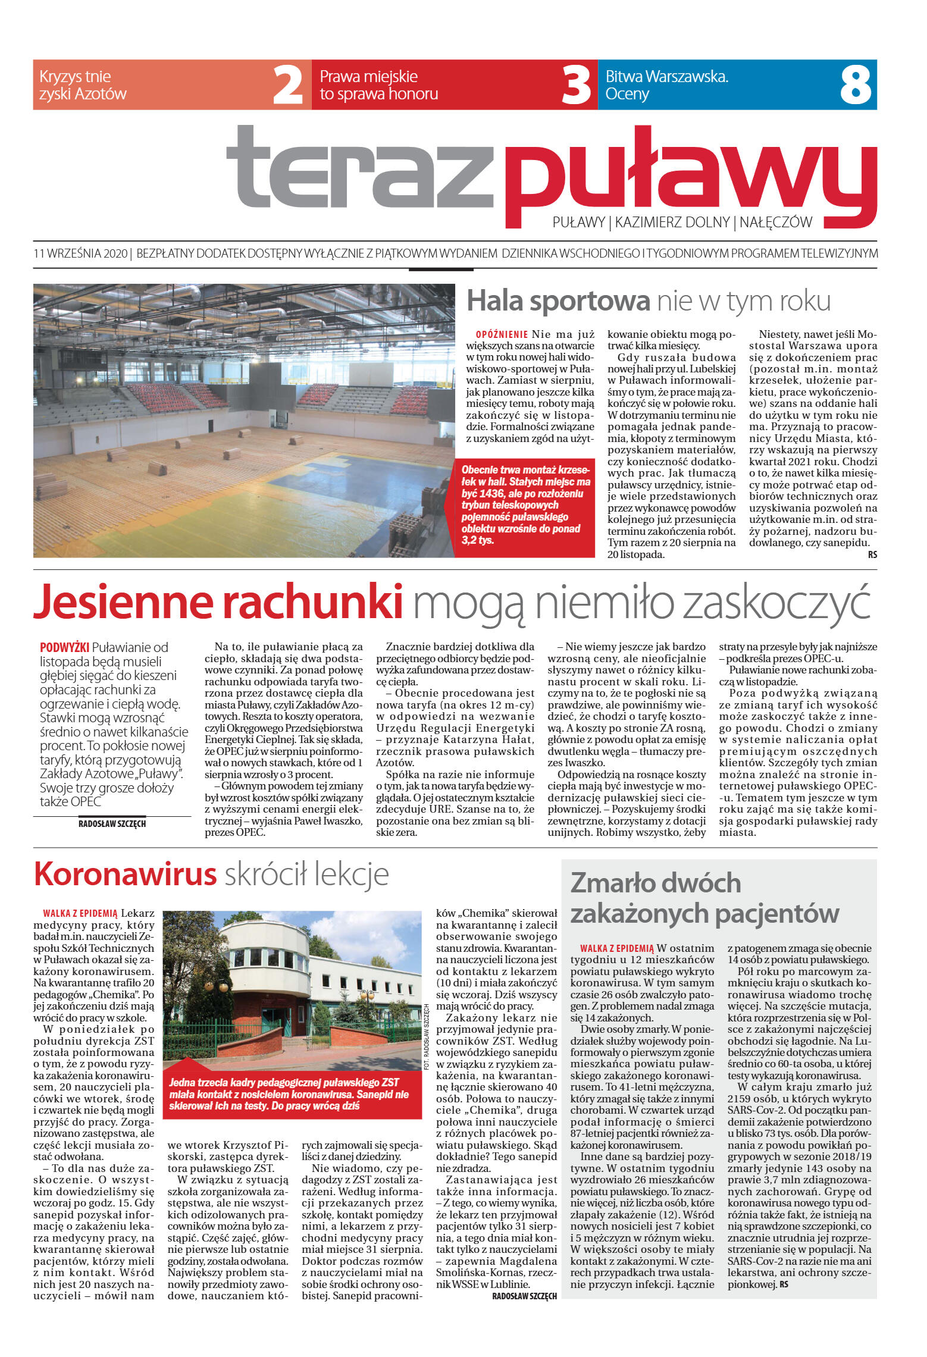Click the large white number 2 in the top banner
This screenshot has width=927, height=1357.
coord(287,85)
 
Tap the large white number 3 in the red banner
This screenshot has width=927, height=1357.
coord(576,85)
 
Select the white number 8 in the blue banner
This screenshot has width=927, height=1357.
coord(856,85)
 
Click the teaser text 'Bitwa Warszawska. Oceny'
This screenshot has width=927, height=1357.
coord(666,85)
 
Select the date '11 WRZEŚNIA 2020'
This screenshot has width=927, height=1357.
coord(81,253)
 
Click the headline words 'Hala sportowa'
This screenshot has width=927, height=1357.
coord(558,300)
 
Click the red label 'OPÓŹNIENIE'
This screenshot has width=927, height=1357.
coord(502,334)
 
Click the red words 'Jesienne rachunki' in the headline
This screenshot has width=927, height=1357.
coord(218,602)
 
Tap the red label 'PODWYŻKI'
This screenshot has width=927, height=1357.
coord(64,647)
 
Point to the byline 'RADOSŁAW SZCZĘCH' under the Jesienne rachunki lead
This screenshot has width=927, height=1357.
coord(112,824)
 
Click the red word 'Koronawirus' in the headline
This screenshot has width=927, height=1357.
coord(125,875)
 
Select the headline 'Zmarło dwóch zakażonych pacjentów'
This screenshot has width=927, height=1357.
coord(704,898)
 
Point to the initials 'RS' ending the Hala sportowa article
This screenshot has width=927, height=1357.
coord(872,555)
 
